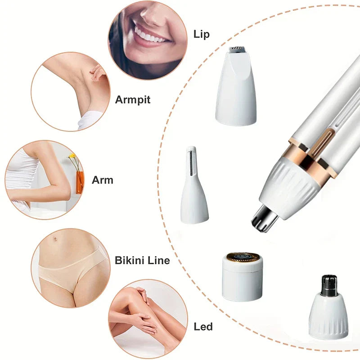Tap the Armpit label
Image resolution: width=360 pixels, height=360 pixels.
(x=132, y=99)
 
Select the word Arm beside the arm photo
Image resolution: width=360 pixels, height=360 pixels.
(x=103, y=180)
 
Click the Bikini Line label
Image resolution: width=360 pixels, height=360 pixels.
(x=142, y=260)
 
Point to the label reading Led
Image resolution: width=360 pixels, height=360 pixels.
(x=203, y=326)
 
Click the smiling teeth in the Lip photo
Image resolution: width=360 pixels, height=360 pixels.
(x=149, y=35)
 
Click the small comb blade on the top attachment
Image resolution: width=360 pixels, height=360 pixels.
(x=236, y=50)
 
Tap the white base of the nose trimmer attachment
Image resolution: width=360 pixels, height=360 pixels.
(x=329, y=317)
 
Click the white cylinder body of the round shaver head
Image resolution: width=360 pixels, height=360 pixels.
(x=243, y=281)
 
